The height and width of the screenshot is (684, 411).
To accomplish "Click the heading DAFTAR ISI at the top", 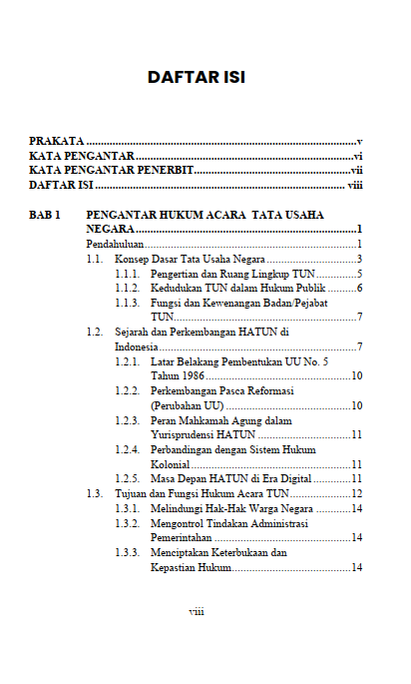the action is [196, 77].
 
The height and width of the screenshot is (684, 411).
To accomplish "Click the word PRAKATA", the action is [56, 143].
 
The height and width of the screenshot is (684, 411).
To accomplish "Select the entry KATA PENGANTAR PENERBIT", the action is [111, 171].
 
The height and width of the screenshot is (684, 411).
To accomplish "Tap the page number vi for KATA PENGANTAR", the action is [356, 157].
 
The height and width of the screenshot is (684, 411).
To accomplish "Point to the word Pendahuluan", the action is [116, 244].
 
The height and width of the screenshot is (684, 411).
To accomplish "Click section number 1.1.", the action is [94, 259].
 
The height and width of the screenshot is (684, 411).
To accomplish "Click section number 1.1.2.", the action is [127, 288].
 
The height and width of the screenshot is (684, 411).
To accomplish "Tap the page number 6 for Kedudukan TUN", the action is [357, 288].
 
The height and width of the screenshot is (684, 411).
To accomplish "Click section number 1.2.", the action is [94, 332].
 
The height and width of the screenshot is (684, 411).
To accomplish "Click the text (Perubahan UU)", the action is [186, 405].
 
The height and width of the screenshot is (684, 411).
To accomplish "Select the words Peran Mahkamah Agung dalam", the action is [220, 420].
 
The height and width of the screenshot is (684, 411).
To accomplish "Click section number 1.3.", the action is [94, 493].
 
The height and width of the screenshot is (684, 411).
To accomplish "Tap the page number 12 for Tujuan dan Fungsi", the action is [355, 493].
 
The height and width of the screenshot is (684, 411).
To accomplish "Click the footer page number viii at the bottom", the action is [197, 611].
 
